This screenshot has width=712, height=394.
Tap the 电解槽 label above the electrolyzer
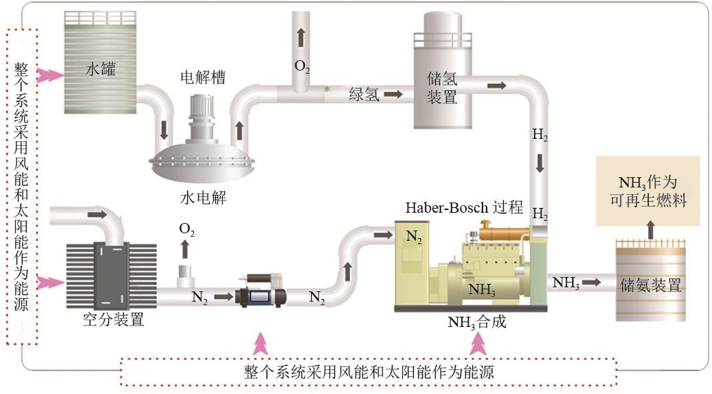click(202, 76)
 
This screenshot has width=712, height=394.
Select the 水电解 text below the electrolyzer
click(203, 198)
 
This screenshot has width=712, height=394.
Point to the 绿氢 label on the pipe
click(363, 94)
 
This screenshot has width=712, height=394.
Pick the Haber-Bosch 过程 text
click(464, 207)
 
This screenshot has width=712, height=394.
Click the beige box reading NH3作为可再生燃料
click(648, 192)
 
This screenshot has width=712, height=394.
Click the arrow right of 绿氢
click(393, 94)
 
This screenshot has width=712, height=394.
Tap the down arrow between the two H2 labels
click(540, 163)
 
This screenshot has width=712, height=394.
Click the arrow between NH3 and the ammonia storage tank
click(593, 282)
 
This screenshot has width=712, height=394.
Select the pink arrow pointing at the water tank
click(49, 75)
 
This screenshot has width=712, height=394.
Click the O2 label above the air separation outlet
click(187, 230)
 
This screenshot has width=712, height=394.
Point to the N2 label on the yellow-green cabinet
click(413, 237)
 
